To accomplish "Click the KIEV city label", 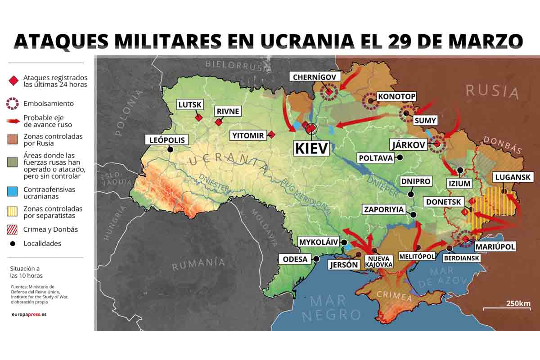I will [310, 148].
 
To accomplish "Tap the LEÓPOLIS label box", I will [167, 140].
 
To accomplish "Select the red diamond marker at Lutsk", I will [198, 117].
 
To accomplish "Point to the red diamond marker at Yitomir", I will [271, 134].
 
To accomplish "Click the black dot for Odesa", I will [316, 259].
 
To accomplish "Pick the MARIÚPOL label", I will [495, 247].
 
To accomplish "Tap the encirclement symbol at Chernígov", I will [329, 92].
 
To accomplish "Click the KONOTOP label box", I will [396, 96].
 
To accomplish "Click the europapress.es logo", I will [29, 314].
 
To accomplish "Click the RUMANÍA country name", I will [198, 264].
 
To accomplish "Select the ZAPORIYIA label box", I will [384, 209].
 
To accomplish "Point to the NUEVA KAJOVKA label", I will [378, 261].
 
